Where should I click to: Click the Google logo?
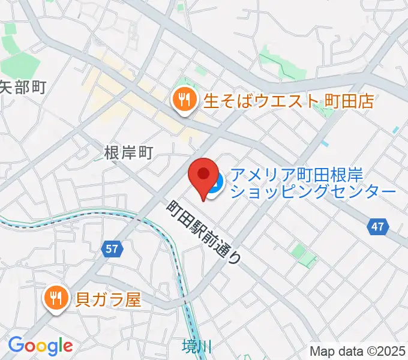[x=40, y=346]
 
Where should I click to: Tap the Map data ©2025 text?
[x=358, y=350]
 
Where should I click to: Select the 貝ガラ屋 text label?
[x=108, y=298]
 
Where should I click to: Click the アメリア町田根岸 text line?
[x=305, y=175]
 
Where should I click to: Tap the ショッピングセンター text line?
[x=313, y=192]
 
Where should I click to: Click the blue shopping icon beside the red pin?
[x=217, y=180]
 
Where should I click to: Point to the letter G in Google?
[x=16, y=346]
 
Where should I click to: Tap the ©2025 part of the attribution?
[x=386, y=350]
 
